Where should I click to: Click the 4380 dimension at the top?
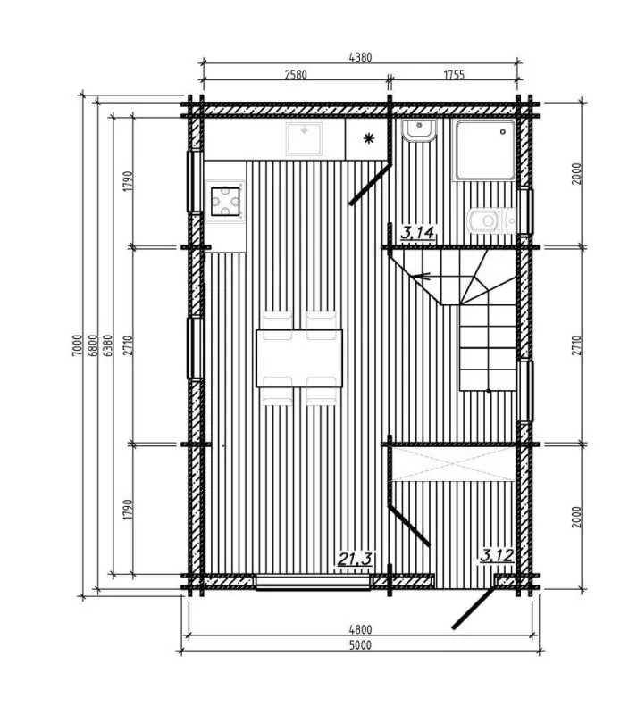click(x=360, y=57)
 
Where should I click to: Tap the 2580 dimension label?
click(x=296, y=74)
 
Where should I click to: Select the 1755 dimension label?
click(x=454, y=74)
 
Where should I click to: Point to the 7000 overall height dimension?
click(x=77, y=345)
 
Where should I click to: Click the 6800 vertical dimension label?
click(x=93, y=345)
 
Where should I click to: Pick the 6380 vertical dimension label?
click(x=108, y=345)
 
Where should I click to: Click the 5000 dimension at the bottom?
click(x=360, y=645)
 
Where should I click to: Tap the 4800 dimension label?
click(x=360, y=630)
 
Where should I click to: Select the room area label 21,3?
click(x=355, y=559)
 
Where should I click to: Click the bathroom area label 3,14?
click(x=417, y=233)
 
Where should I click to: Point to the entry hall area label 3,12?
click(x=497, y=555)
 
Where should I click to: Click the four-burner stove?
click(x=225, y=202)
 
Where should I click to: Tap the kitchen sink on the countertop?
click(x=304, y=138)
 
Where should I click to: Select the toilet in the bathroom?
click(x=492, y=220)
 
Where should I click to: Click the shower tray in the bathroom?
click(x=485, y=151)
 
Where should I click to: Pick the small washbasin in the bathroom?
click(x=419, y=131)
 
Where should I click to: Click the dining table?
click(x=299, y=359)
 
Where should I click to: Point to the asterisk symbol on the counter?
click(x=368, y=139)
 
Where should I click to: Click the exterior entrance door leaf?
click(x=474, y=609)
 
